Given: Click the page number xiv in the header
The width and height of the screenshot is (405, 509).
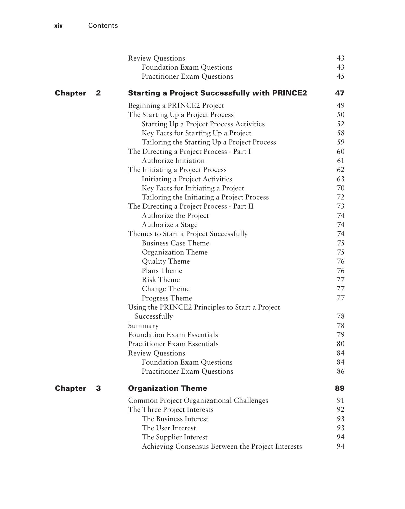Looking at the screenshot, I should tap(58, 26).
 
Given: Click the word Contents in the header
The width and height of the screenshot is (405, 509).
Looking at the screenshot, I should tap(103, 26).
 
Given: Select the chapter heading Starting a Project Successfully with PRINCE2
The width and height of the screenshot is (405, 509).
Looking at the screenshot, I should tap(217, 93).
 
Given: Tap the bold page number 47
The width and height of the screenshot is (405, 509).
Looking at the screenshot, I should tap(339, 93).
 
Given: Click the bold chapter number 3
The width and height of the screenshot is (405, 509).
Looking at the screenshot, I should tap(98, 388).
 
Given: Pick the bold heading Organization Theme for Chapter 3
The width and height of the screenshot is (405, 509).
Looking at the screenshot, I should tap(167, 388).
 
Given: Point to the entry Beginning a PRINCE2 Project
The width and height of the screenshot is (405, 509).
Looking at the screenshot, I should tap(176, 106).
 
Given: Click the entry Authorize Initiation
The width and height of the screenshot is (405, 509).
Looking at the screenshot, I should tap(173, 161).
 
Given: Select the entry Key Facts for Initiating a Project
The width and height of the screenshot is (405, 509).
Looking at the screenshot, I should tap(193, 188).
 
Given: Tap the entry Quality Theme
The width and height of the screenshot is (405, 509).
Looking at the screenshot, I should tap(166, 261).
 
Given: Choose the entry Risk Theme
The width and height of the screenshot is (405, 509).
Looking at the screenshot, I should tap(161, 280).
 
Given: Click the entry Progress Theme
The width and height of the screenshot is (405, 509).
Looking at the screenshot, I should tap(167, 298).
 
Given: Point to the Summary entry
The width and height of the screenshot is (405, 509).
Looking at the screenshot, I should tap(143, 326).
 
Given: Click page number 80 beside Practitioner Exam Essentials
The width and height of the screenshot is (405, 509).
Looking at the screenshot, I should tap(340, 344).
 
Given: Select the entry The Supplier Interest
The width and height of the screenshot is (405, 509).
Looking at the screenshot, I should tap(174, 437).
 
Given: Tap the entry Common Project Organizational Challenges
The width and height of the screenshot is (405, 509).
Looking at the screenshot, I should tap(198, 401).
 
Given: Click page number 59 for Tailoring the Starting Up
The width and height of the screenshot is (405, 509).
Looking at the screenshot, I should tap(340, 142).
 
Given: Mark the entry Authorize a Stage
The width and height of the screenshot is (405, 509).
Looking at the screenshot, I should tap(169, 225).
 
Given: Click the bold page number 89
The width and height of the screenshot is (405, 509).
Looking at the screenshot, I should tap(339, 388).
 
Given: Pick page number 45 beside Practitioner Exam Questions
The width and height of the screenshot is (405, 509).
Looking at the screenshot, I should tap(340, 76).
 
